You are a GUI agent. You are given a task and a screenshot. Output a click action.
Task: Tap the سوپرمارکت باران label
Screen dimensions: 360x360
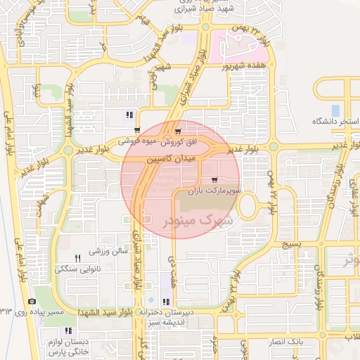coord(216,191)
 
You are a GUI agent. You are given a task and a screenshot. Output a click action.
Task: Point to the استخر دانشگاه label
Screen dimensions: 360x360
coord(335,122)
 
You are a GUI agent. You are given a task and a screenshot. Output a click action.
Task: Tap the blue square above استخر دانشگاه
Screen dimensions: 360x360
coord(335,110)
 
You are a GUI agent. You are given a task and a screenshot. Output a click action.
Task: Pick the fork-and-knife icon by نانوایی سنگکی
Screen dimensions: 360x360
coord(78,258)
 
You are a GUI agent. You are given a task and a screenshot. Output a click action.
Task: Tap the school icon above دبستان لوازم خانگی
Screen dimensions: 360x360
coord(68,330)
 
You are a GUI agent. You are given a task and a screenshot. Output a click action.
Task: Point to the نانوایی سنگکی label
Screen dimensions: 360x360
coord(79,269)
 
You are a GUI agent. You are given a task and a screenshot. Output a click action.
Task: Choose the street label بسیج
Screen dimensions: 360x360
coord(290,244)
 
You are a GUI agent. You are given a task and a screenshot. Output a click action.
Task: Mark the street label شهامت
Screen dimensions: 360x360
coord(45,200)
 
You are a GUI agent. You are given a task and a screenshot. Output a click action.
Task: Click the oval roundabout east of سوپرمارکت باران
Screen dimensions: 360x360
coord(248,205)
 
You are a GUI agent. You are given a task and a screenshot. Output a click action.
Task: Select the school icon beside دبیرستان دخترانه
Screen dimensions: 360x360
coord(166,302)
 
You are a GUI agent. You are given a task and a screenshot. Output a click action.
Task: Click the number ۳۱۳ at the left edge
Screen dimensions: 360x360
coord(6,310)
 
